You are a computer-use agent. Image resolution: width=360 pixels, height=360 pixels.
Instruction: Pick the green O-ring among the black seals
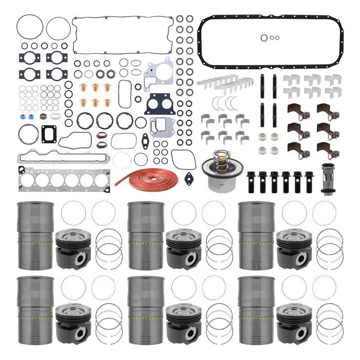(89, 73)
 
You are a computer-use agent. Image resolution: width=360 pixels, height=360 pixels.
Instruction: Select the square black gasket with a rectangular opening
(49, 133)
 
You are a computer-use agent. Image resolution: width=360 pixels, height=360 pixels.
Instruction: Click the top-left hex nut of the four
(261, 135)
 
